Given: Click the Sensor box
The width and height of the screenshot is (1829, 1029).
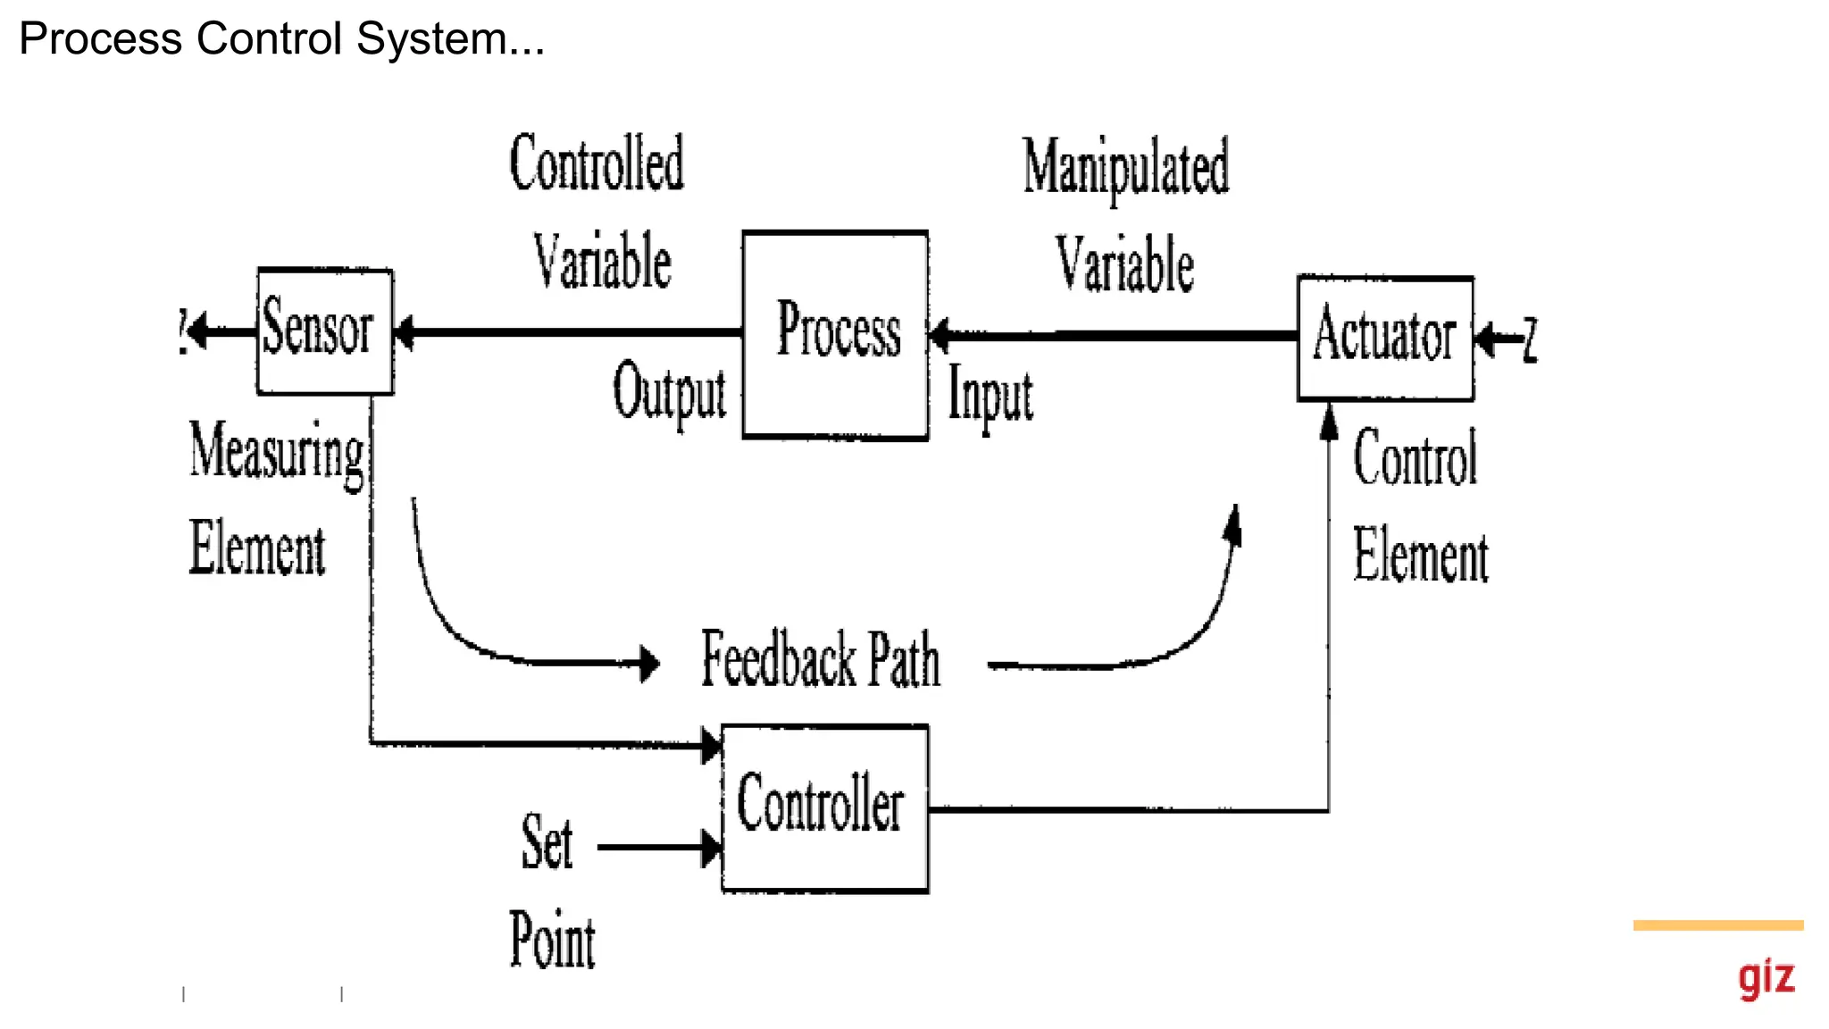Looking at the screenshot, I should pyautogui.click(x=325, y=330).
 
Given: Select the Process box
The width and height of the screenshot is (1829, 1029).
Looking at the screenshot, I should pyautogui.click(x=835, y=335).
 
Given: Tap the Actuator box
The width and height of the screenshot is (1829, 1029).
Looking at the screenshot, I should pyautogui.click(x=1385, y=338).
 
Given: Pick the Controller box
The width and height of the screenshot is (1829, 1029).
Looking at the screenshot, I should pyautogui.click(x=824, y=807).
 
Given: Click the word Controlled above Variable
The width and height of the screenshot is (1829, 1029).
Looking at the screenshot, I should pyautogui.click(x=597, y=163).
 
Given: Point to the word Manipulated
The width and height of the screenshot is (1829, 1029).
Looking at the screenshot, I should pyautogui.click(x=1125, y=167).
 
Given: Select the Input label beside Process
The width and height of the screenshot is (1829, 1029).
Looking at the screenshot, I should pyautogui.click(x=990, y=395).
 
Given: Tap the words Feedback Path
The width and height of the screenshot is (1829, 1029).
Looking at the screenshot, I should pyautogui.click(x=820, y=659).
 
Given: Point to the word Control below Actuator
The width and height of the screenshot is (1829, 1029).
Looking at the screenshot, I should pyautogui.click(x=1416, y=457).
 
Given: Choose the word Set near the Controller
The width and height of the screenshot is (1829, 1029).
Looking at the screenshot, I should pyautogui.click(x=547, y=842).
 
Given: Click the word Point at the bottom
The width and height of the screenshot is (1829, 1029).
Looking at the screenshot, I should pyautogui.click(x=552, y=940).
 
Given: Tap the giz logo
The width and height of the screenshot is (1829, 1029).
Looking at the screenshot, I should pyautogui.click(x=1766, y=978).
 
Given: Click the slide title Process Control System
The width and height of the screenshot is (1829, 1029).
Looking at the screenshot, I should pyautogui.click(x=281, y=38).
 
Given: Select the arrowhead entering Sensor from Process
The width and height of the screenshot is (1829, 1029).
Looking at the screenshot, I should pyautogui.click(x=405, y=332).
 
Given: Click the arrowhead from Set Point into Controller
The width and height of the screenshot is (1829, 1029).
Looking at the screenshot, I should pyautogui.click(x=711, y=848).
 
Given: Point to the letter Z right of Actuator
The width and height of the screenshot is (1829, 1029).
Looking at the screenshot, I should pyautogui.click(x=1531, y=339).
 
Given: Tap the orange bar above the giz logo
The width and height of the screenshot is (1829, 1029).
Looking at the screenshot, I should pyautogui.click(x=1717, y=925).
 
